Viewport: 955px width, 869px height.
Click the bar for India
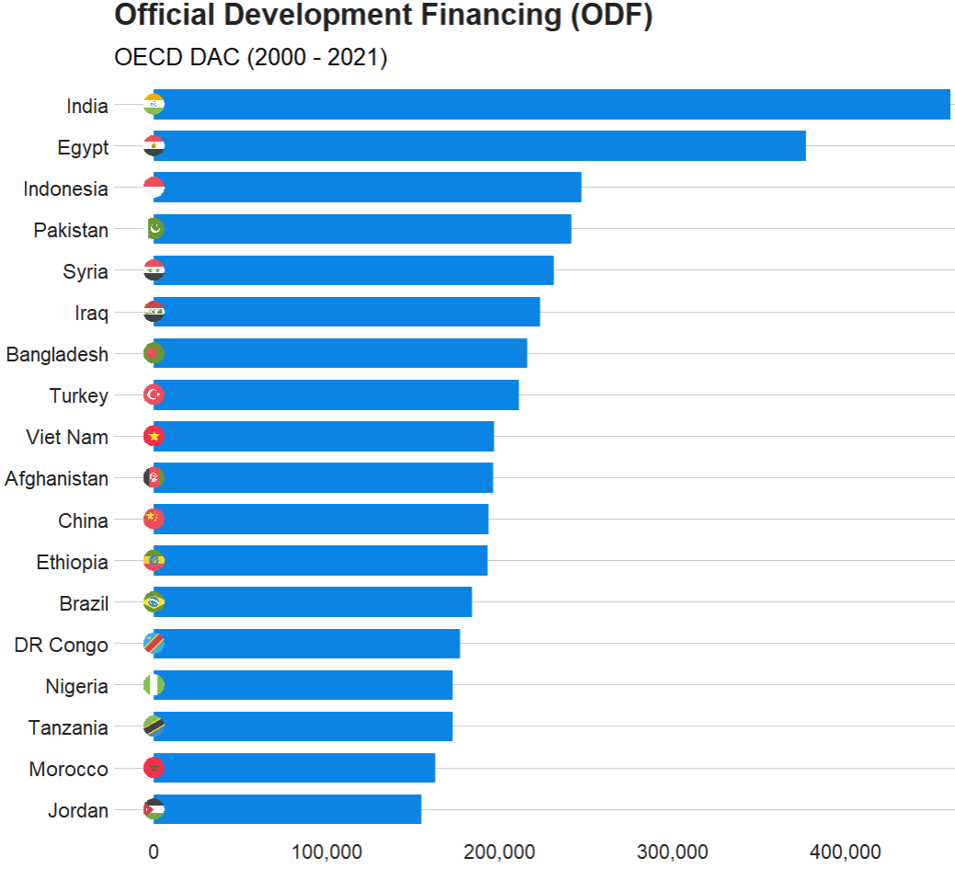tap(551, 105)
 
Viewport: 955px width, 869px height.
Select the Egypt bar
tap(479, 146)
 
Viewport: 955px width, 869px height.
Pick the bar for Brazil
tap(313, 603)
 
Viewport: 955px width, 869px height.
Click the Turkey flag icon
tap(153, 395)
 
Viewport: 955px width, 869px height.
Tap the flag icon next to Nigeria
tap(153, 686)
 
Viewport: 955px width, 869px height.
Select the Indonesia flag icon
tap(153, 188)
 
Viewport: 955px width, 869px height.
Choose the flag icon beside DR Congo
tap(153, 645)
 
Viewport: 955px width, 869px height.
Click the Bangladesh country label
tap(57, 355)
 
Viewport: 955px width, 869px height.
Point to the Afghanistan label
tap(56, 479)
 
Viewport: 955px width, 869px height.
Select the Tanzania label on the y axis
tap(68, 728)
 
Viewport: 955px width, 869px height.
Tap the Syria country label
tap(85, 272)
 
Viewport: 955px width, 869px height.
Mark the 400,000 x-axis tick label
tap(847, 852)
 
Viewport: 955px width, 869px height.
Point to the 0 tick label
tap(153, 852)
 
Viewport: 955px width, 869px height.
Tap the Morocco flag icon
tap(153, 769)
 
